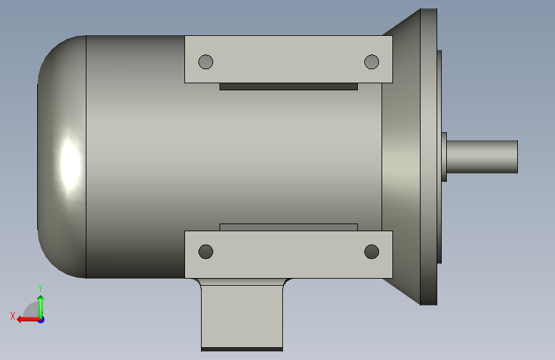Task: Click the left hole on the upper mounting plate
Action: (205, 62)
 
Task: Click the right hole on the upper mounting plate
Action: (372, 62)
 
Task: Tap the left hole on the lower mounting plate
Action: (205, 252)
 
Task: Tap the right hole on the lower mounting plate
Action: (372, 252)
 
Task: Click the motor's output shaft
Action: (482, 156)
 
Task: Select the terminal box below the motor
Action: (242, 315)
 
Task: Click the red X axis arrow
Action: (28, 320)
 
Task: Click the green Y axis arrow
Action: (41, 307)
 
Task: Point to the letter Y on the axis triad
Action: (40, 288)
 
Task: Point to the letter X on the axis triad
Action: (13, 316)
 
